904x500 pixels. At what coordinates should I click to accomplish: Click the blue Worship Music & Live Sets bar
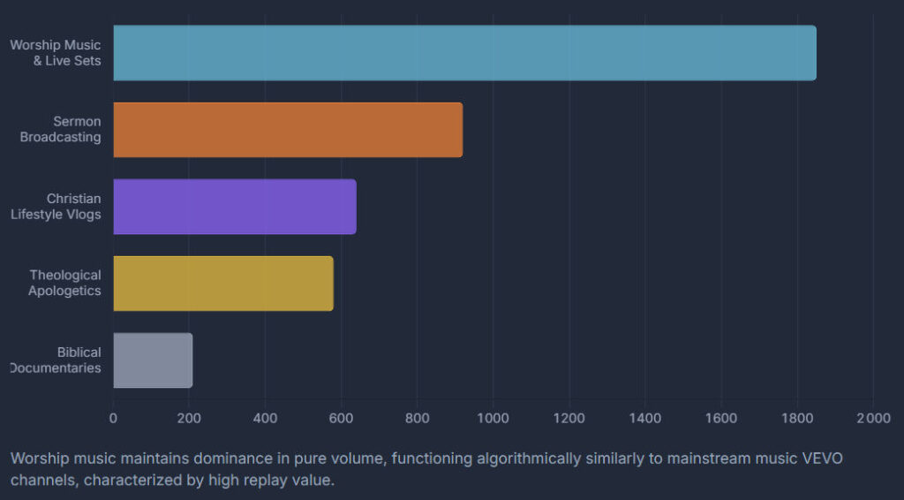point(464,53)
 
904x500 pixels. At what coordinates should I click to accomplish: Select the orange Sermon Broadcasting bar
point(288,130)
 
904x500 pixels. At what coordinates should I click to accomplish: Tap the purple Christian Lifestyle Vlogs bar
point(235,207)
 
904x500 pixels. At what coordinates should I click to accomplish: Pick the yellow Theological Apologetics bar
point(223,284)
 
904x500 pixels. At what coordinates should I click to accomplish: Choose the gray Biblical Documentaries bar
point(153,360)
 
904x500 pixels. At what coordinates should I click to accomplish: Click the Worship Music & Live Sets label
point(56,53)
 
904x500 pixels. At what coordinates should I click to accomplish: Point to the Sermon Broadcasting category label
point(61,130)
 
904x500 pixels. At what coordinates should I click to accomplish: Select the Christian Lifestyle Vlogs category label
point(56,207)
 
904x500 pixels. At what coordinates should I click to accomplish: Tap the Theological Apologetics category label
point(64,284)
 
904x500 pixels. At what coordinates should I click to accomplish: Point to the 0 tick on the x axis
point(113,417)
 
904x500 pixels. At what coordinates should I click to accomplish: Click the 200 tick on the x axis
point(189,417)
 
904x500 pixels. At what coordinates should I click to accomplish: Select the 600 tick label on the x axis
point(341,417)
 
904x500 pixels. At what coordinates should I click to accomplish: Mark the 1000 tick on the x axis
point(493,417)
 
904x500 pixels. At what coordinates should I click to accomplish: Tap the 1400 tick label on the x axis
point(644,417)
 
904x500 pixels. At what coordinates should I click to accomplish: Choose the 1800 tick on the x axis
point(796,417)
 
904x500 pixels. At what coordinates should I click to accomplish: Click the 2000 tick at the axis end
point(872,417)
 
